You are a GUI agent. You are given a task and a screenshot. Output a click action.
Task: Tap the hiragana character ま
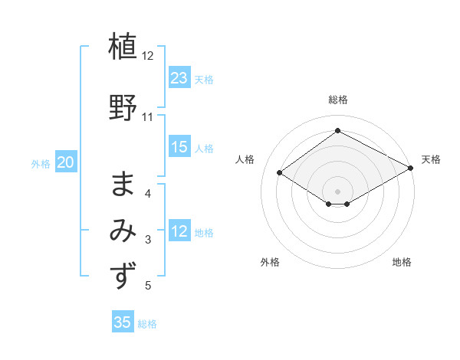pos(123,183)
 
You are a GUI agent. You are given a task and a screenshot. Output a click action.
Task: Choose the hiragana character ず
pos(123,275)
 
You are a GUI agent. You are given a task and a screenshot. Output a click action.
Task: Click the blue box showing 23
pos(179,78)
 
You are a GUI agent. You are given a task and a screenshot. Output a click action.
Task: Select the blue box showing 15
pos(179,147)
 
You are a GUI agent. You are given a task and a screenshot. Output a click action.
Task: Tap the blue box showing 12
pos(179,231)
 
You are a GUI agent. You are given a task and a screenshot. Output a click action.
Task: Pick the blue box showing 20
pos(66,162)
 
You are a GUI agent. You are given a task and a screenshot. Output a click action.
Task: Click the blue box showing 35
pos(123,322)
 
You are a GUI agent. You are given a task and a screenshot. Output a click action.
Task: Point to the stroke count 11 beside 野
pos(148,117)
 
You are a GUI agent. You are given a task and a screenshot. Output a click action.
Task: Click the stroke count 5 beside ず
pos(148,286)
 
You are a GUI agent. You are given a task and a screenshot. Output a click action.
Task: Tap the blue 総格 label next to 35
pos(147,324)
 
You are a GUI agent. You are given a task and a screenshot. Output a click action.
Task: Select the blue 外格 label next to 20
pos(41,163)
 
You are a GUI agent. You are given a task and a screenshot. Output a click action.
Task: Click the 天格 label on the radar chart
pos(431,159)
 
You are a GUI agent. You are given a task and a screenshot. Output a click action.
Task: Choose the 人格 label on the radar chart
pos(245,159)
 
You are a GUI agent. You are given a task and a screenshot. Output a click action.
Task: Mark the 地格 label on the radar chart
pos(402,262)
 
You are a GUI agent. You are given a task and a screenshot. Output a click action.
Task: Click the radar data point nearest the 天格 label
pos(412,169)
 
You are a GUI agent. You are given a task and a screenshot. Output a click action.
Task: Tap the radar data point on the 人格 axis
pos(280,173)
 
